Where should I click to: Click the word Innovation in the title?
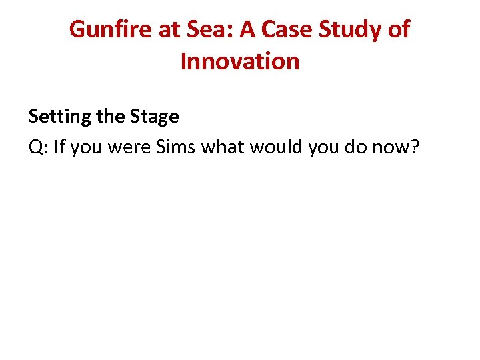point(240,61)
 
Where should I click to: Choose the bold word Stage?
point(154,117)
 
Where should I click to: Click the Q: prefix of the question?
point(38,147)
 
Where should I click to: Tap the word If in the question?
point(60,146)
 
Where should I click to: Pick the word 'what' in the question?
point(222,146)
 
